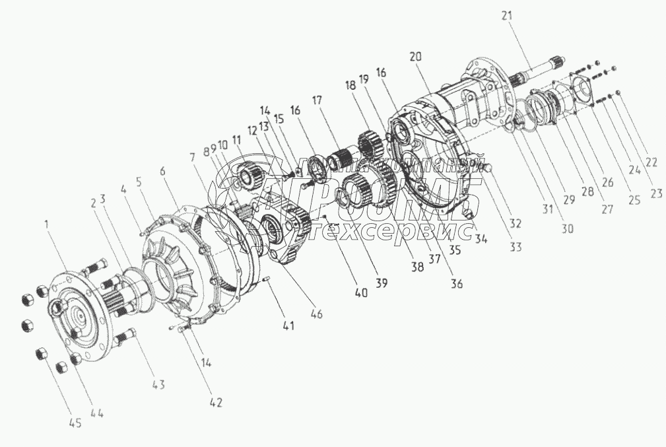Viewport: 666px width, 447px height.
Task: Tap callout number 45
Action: tap(75, 423)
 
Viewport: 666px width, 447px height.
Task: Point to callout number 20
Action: tap(415, 57)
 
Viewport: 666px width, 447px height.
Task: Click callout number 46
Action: tap(317, 314)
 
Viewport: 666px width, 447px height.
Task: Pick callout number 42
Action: tap(216, 401)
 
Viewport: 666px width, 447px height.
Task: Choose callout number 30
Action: tap(567, 229)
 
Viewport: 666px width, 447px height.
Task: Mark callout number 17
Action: tap(318, 100)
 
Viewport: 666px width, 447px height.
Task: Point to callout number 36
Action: tap(457, 284)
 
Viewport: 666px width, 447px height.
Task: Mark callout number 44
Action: tap(97, 413)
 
